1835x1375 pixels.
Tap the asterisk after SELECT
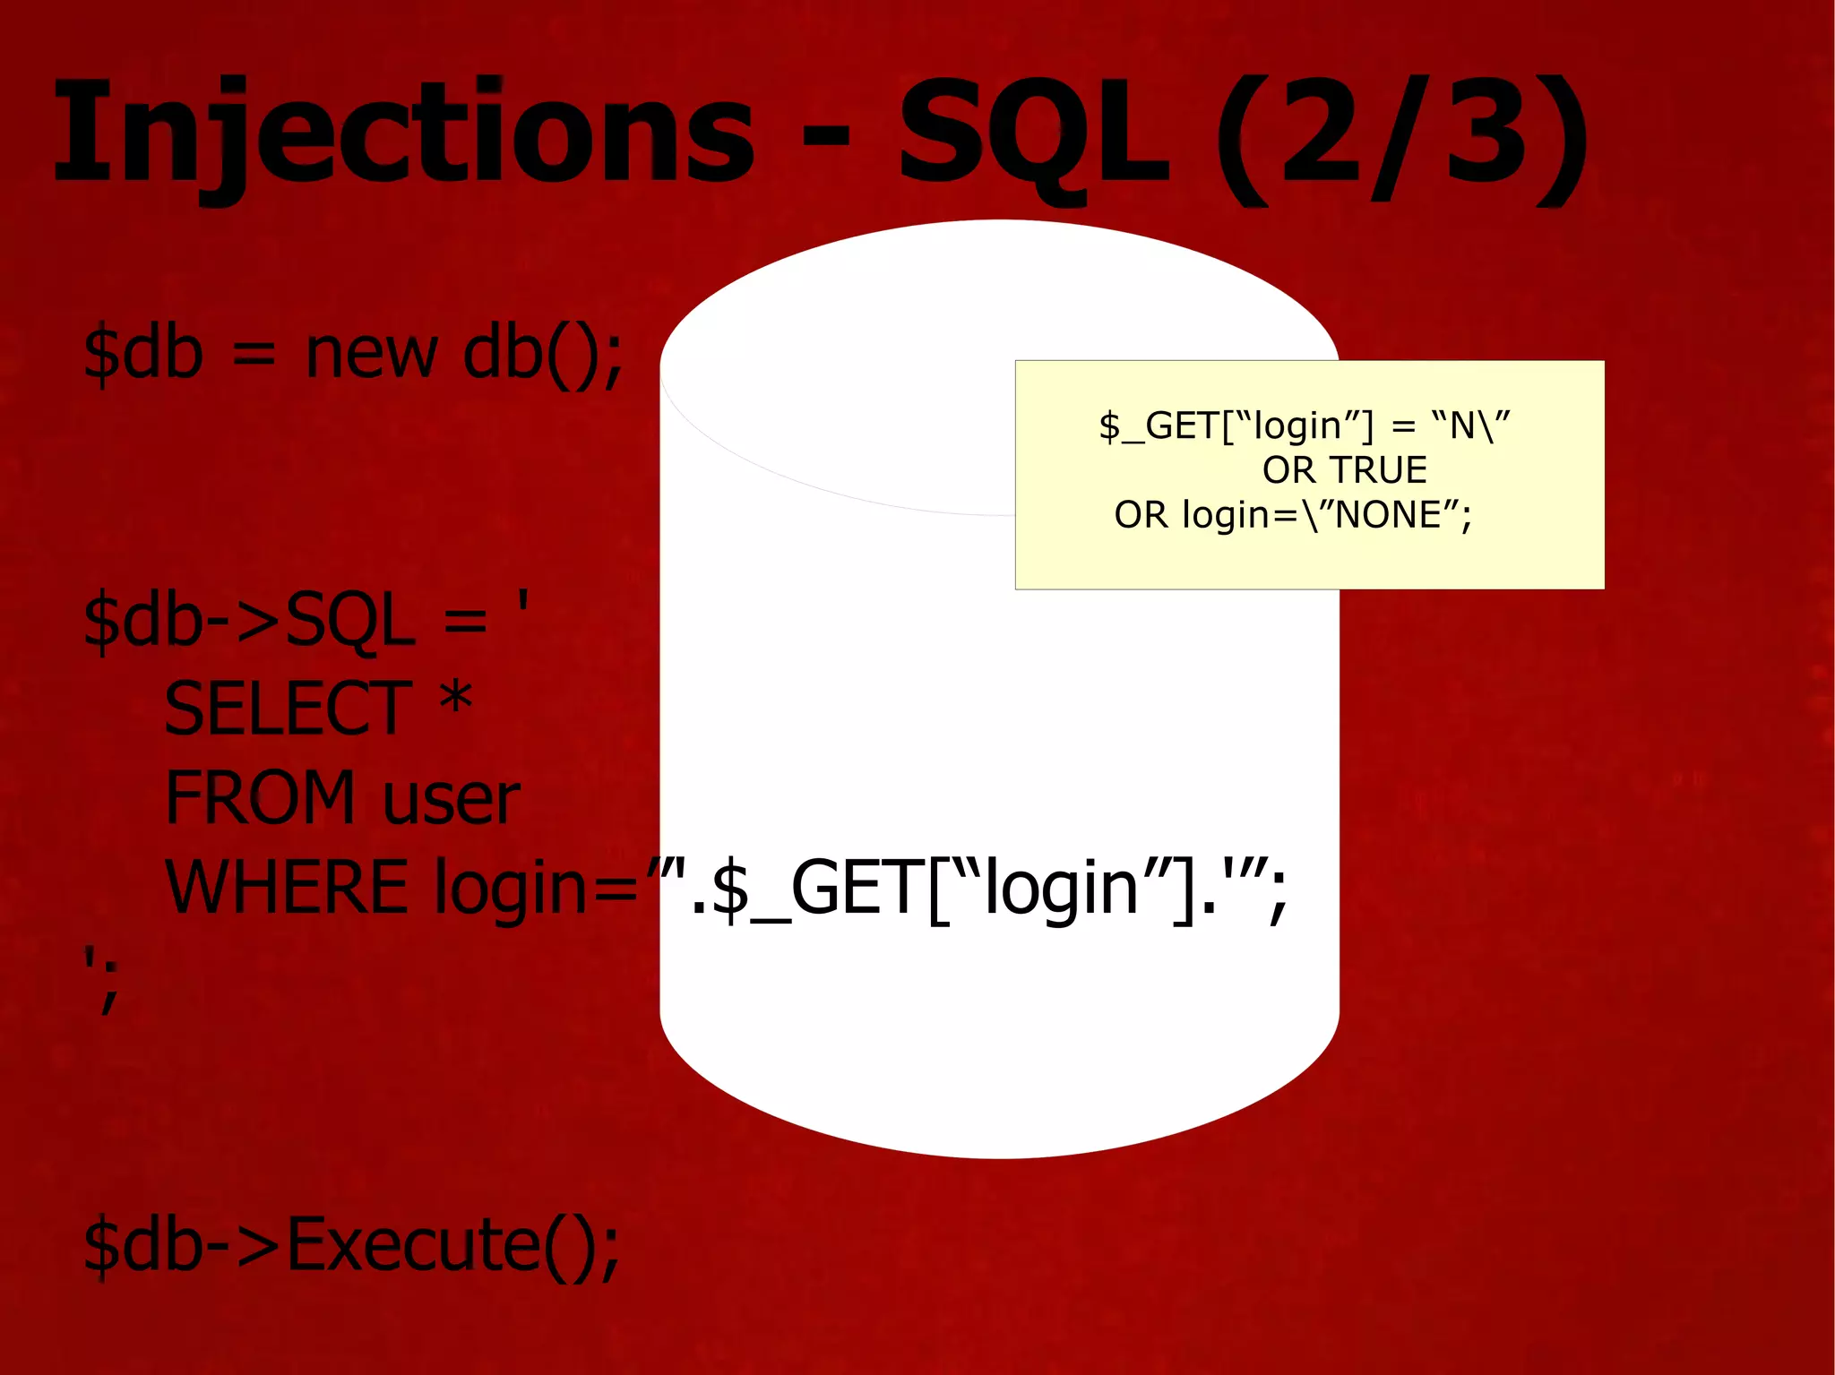coord(456,700)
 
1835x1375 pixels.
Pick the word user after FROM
coord(451,800)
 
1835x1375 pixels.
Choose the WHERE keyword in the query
coord(287,887)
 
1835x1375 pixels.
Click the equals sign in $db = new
coord(254,356)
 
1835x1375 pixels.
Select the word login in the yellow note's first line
coord(1297,426)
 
